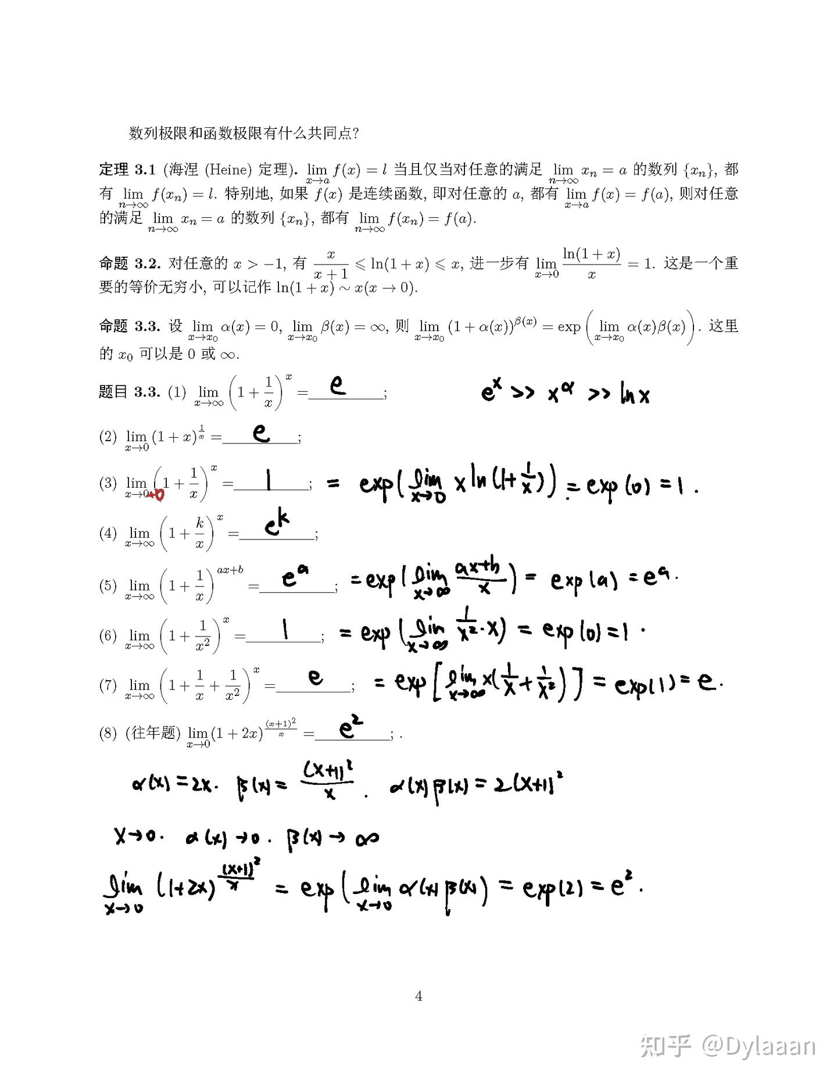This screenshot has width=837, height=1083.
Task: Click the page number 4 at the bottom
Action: tap(419, 996)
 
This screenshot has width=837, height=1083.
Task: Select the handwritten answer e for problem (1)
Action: tap(338, 385)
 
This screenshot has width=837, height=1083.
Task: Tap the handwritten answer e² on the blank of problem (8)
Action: tap(350, 728)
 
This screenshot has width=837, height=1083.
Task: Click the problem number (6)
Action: tap(108, 635)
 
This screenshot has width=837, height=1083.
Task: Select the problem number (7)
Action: tap(108, 685)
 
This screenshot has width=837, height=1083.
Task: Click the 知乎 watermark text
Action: tap(666, 1046)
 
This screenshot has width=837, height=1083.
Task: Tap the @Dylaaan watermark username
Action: tap(759, 1046)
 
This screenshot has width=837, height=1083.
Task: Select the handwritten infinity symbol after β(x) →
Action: tap(366, 838)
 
